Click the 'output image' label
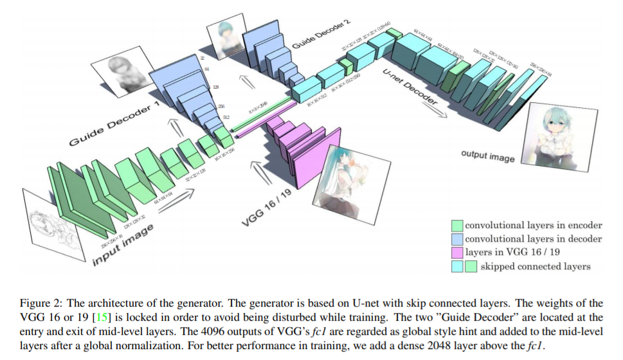(x=487, y=154)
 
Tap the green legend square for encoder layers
(x=457, y=225)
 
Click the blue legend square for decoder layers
(x=457, y=239)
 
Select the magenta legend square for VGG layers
(x=457, y=253)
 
